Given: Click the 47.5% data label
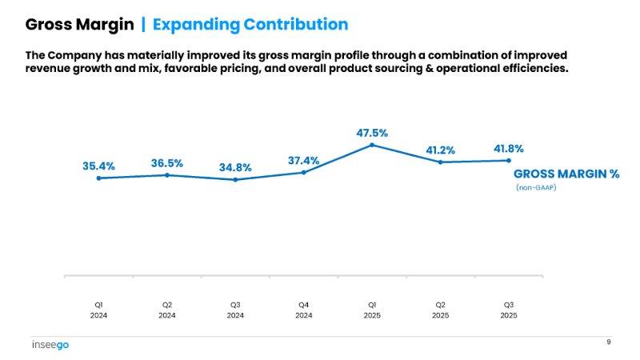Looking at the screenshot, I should (372, 133).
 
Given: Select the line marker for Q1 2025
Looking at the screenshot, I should (372, 145).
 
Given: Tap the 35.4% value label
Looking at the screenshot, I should (98, 166).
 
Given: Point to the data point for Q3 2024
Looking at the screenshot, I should (235, 180).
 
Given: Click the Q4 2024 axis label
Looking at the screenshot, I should (304, 310).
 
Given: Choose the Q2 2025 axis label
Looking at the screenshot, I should (440, 310).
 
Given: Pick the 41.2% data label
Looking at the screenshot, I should (439, 150).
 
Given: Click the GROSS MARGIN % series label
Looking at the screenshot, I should (566, 174).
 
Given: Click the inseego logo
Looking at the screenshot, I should (51, 345).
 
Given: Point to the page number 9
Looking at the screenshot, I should (608, 342).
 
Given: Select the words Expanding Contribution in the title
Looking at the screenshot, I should (250, 24).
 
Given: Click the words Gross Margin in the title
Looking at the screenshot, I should (79, 24).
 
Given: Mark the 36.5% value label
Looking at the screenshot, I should (166, 163).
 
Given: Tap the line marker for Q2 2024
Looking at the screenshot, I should (166, 174).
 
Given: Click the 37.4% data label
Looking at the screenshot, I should (303, 161).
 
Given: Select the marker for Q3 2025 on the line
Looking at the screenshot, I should (508, 160).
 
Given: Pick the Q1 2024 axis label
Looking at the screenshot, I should (98, 310).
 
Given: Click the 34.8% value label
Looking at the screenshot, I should (235, 168).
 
